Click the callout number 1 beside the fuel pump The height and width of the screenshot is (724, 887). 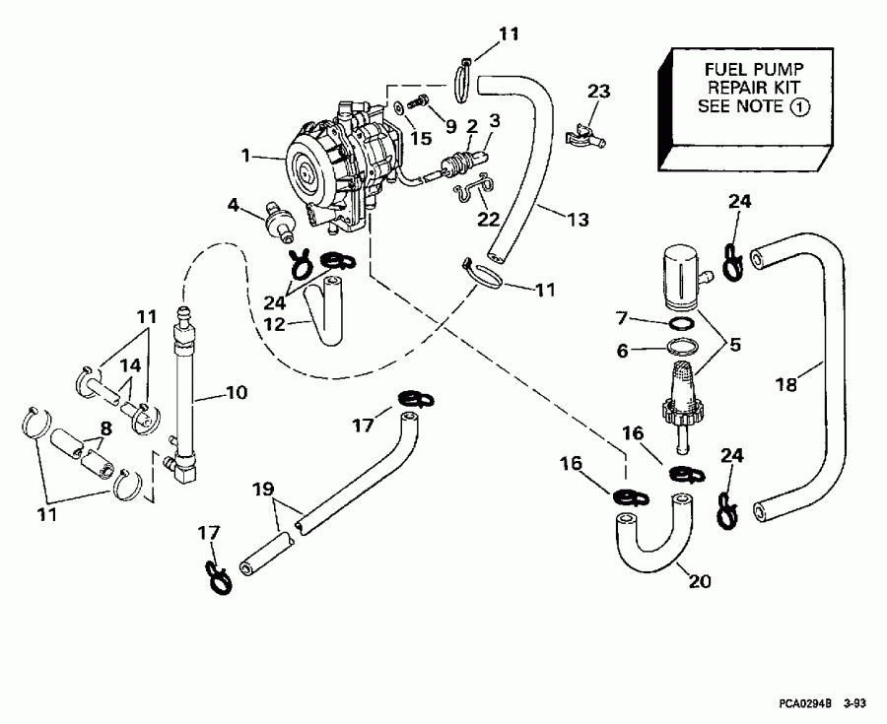click(246, 155)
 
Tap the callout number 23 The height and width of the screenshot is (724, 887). click(599, 92)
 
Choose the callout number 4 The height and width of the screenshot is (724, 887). click(234, 205)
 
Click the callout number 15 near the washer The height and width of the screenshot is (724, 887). click(421, 139)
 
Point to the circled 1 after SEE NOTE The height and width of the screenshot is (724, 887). click(802, 105)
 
